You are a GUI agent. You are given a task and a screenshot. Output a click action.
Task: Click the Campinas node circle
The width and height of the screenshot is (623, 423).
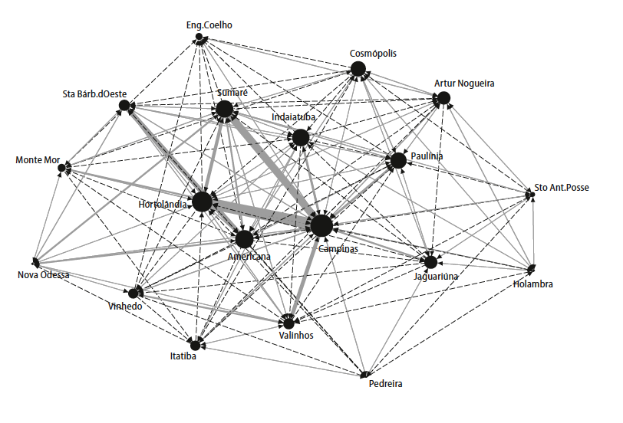point(321,225)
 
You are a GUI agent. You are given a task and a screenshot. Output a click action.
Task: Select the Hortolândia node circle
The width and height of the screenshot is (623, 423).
point(202,202)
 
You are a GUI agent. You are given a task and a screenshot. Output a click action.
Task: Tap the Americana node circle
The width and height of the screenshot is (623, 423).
point(244,239)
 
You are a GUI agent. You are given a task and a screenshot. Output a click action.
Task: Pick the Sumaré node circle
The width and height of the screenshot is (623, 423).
point(224,110)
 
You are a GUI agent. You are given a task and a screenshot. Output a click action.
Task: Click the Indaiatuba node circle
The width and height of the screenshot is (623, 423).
point(300,138)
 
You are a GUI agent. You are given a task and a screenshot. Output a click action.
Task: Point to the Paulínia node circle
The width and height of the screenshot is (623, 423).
point(397,161)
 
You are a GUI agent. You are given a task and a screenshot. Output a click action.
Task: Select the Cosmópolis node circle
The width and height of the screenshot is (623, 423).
point(358,70)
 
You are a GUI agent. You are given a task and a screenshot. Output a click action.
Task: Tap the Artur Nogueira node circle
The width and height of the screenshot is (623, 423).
point(443,98)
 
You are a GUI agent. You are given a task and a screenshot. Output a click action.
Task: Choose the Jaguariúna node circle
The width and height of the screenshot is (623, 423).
point(430,262)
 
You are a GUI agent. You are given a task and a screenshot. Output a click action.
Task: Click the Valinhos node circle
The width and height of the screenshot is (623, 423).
point(289,322)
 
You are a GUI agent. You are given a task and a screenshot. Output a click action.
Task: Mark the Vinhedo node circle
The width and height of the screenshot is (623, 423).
point(133,293)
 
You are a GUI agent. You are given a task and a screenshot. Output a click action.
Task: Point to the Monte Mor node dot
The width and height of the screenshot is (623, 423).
point(62,167)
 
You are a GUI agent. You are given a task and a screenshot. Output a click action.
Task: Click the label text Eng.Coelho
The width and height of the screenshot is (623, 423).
point(209,25)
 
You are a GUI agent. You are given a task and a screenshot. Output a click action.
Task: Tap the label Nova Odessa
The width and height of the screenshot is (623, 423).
point(44,275)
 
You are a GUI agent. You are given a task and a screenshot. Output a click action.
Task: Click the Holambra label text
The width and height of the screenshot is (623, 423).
point(532,285)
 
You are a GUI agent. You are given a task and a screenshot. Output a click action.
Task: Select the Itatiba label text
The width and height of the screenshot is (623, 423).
point(183,356)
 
